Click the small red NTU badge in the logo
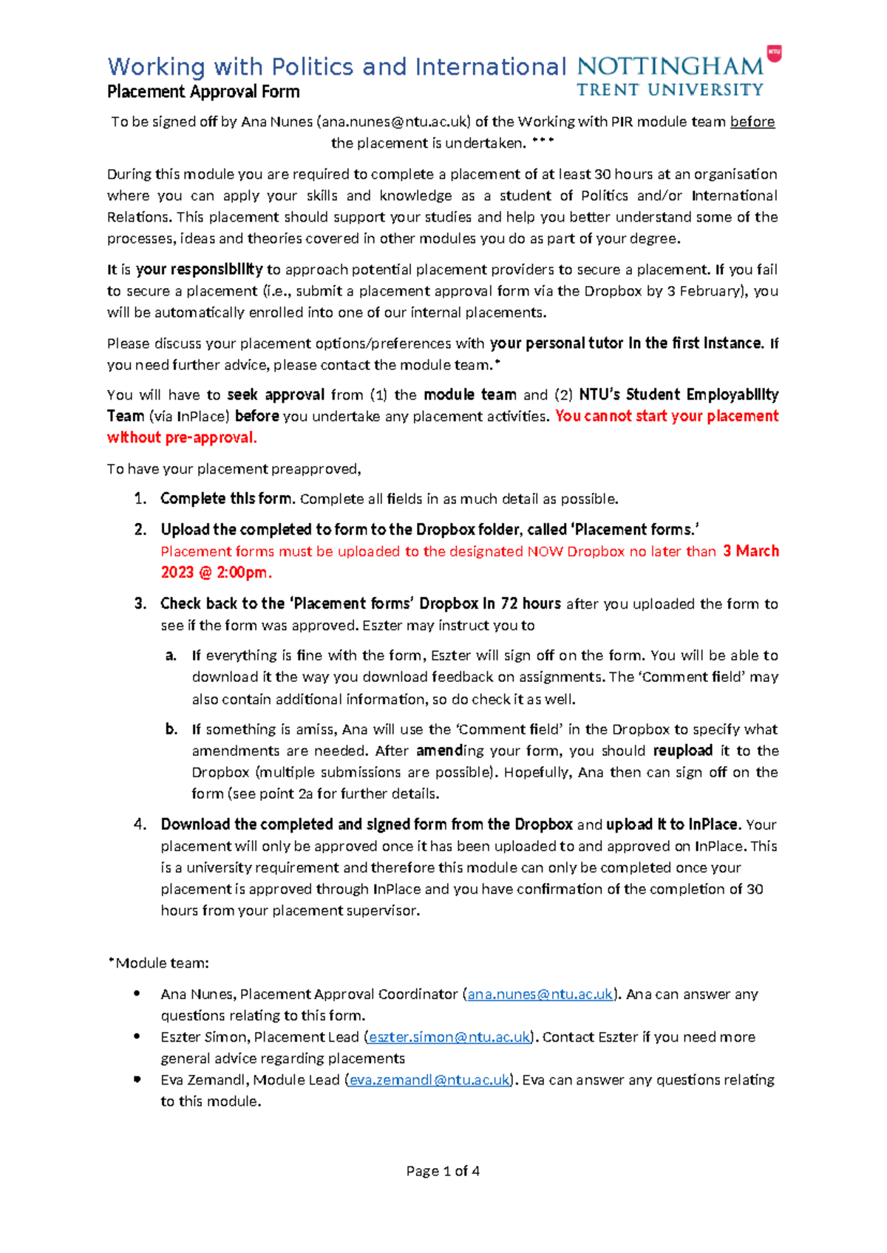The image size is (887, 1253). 774,52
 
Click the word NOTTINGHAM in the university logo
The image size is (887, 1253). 670,66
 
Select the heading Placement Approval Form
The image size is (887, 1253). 203,92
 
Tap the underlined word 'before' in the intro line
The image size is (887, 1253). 752,122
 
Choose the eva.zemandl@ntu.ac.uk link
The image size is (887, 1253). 429,1080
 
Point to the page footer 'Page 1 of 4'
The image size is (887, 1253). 443,1171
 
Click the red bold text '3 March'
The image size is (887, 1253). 750,551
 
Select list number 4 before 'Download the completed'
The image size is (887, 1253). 140,824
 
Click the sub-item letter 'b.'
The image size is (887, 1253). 171,730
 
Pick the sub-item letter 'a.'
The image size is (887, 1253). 171,656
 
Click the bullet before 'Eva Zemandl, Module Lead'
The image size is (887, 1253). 137,1079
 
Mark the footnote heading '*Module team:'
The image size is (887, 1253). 158,963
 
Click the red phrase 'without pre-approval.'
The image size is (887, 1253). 182,438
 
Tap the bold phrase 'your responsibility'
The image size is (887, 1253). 199,270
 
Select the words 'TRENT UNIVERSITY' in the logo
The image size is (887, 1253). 670,90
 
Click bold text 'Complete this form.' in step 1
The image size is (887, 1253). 227,499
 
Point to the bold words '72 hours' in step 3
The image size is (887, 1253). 530,604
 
